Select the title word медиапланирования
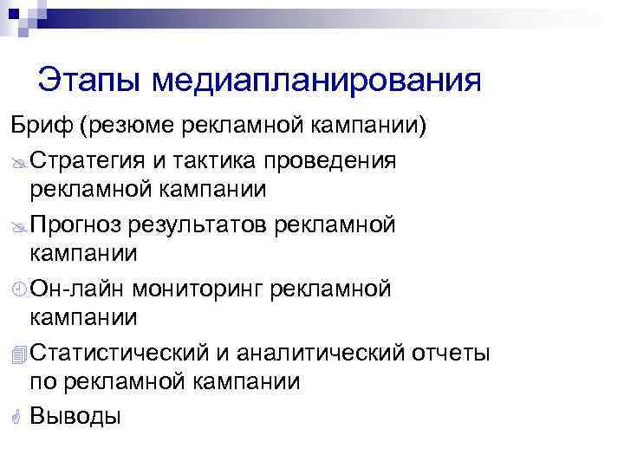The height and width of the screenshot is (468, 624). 316,82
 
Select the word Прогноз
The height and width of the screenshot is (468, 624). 75,225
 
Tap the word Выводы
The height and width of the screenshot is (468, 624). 75,416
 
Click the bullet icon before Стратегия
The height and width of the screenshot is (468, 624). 18,162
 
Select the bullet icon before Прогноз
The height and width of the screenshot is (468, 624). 18,226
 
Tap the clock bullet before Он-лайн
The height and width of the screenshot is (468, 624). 18,290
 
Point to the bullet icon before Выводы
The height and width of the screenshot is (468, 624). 18,417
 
